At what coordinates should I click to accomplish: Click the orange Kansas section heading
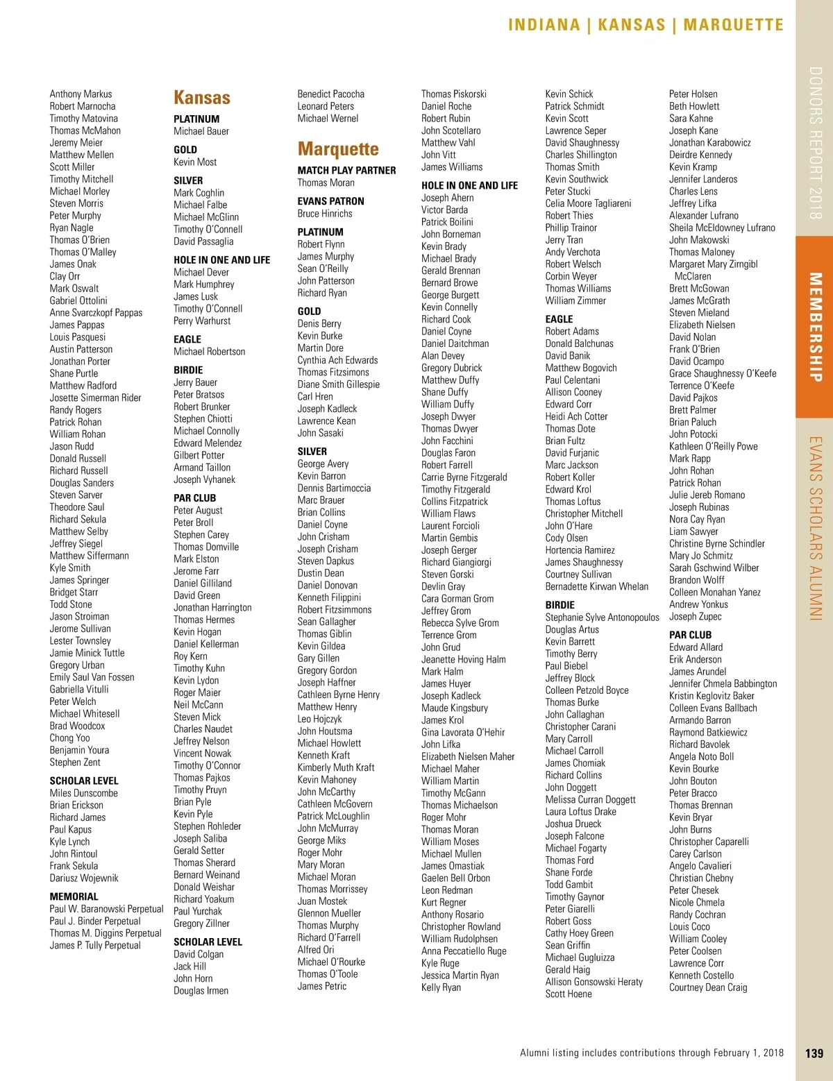[202, 98]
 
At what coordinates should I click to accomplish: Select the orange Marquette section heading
[338, 149]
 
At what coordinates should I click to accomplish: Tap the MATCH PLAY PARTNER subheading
[346, 170]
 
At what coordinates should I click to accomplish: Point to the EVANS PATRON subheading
[330, 201]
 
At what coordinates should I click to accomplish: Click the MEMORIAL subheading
[74, 896]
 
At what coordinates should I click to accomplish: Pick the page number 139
[814, 1053]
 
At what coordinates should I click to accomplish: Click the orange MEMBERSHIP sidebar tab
[815, 327]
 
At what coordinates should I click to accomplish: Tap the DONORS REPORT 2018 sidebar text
[815, 143]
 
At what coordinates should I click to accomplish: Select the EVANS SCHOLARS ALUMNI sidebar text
[815, 528]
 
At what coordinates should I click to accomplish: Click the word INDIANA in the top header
[544, 25]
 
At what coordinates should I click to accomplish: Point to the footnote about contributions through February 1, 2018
[651, 1053]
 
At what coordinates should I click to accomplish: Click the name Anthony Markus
[81, 94]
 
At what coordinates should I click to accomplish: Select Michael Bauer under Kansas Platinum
[201, 131]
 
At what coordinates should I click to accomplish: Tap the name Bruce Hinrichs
[325, 214]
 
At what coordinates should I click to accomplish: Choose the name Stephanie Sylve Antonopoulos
[602, 618]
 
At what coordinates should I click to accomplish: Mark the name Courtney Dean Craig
[708, 987]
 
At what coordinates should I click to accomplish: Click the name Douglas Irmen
[201, 991]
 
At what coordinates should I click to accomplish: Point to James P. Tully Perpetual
[95, 945]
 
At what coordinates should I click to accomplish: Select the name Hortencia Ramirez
[580, 550]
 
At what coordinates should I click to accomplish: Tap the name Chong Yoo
[69, 738]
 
